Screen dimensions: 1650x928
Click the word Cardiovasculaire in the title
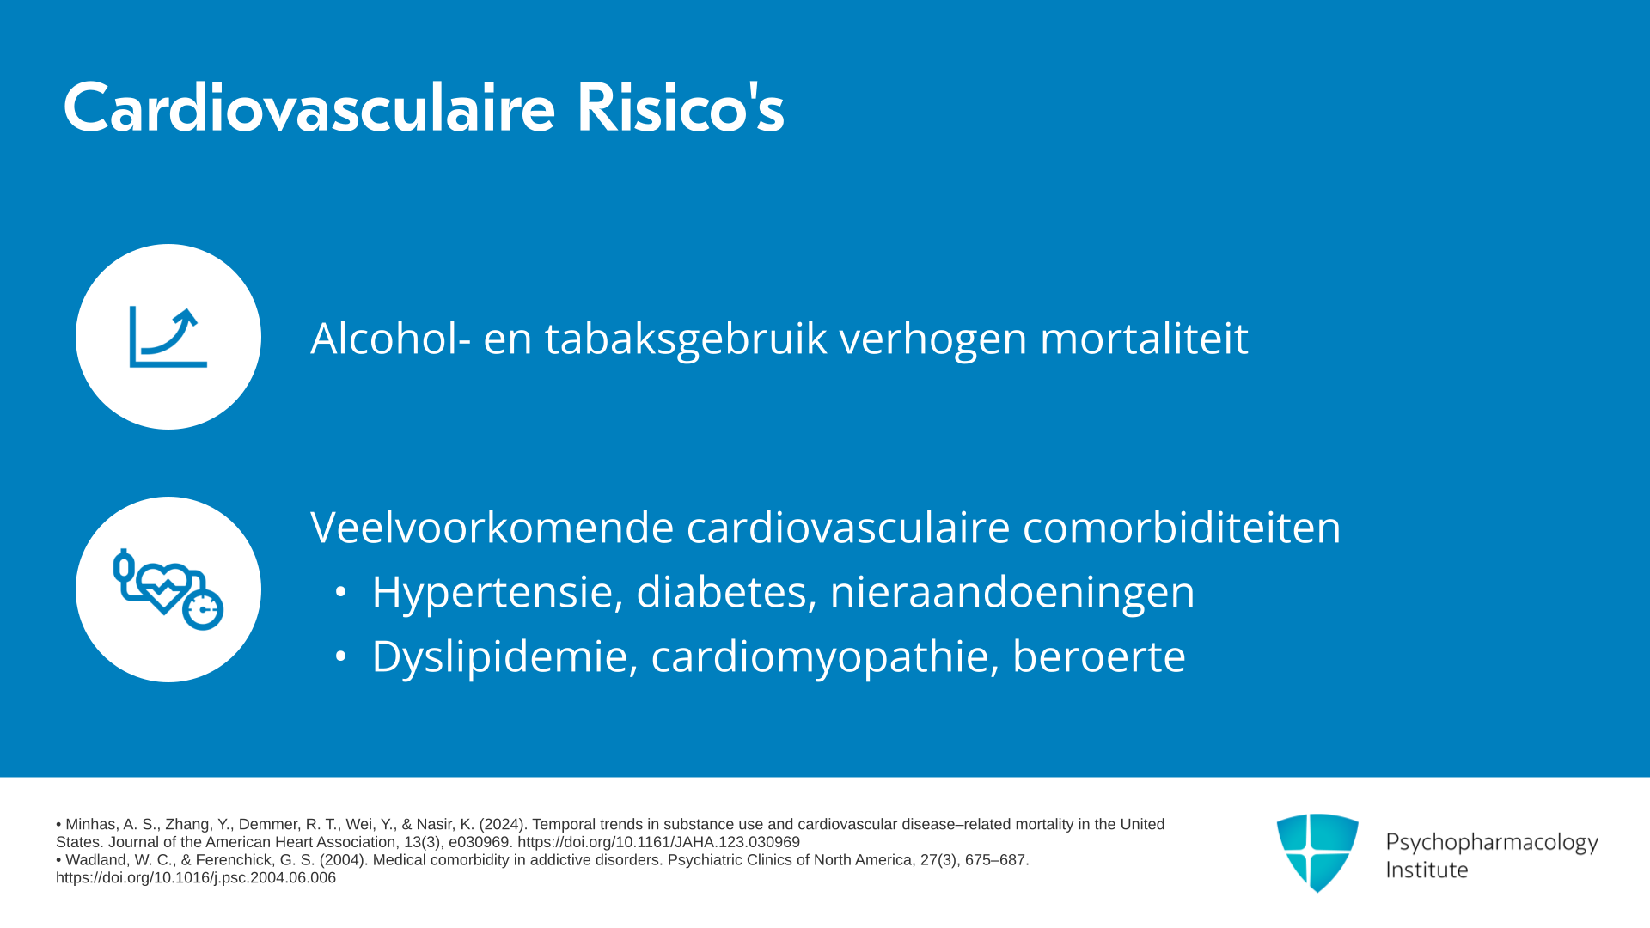coord(309,108)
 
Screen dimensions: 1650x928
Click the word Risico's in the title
coord(681,108)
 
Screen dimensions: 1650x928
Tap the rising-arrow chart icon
coord(168,337)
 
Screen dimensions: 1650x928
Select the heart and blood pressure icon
coord(168,589)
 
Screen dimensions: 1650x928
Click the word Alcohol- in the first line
coord(391,338)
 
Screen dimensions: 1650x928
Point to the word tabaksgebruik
coord(686,338)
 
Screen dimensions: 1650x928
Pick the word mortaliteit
coord(1144,338)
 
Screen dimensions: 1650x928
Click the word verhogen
coord(933,338)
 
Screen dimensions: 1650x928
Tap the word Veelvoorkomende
coord(492,527)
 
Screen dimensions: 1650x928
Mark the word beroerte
coord(1099,656)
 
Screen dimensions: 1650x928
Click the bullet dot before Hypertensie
coord(341,592)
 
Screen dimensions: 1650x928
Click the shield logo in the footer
coord(1317,852)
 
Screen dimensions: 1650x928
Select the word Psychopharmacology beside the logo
coord(1492,843)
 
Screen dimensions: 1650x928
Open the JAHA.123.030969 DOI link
coord(658,842)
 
